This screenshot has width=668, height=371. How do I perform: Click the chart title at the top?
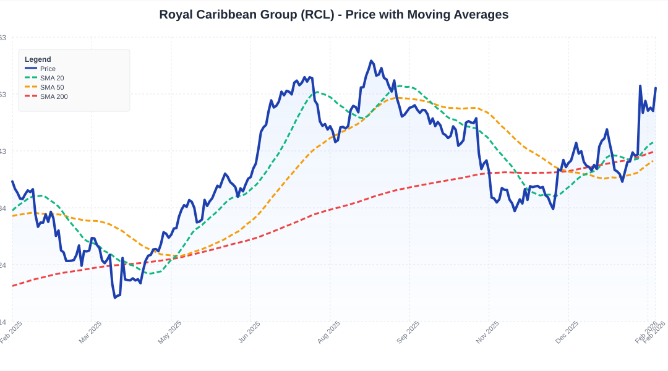tap(334, 14)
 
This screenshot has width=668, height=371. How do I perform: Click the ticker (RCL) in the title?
tap(320, 14)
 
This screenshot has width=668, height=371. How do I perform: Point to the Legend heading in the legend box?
tap(38, 59)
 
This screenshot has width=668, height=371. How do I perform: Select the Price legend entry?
tap(48, 69)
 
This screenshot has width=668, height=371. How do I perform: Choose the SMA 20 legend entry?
tap(52, 78)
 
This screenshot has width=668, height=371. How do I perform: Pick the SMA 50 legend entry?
tap(52, 87)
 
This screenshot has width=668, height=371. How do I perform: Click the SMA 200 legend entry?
tap(54, 96)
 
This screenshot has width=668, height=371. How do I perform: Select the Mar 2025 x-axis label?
tap(90, 332)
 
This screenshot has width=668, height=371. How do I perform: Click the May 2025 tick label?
tap(170, 332)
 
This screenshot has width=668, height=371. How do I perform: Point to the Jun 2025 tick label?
tap(249, 332)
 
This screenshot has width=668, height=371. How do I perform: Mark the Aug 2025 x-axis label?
tap(328, 332)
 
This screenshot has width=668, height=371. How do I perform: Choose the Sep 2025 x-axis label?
tap(408, 332)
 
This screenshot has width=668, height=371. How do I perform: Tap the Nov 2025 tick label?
tap(487, 332)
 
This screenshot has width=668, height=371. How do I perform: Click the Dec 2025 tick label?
tap(567, 332)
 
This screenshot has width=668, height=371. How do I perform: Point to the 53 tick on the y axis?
tap(3, 95)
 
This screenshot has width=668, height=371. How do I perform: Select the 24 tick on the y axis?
tap(3, 265)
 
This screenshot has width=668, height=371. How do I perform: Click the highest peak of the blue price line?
tap(371, 61)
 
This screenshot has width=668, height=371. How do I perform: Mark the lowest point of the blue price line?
tap(115, 297)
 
